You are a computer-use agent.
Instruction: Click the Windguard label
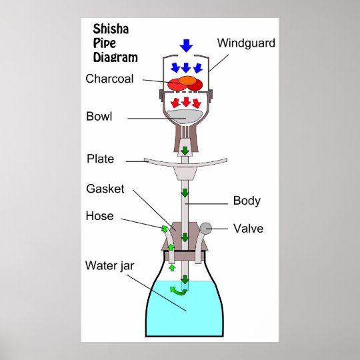[x=246, y=43]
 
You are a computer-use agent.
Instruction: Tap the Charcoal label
[x=109, y=79]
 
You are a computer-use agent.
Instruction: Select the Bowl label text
[x=99, y=117]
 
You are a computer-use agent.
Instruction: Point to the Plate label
[x=100, y=159]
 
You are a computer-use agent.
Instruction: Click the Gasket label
[x=105, y=189]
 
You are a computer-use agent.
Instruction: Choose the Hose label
[x=99, y=216]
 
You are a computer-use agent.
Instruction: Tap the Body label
[x=247, y=201]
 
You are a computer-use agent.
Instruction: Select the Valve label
[x=249, y=229]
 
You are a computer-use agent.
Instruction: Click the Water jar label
[x=109, y=266]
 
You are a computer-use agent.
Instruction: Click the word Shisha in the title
[x=111, y=29]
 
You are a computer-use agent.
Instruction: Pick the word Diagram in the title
[x=115, y=57]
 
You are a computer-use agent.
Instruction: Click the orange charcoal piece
[x=188, y=81]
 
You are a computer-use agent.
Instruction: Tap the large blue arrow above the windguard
[x=186, y=45]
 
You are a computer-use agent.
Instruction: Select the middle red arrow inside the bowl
[x=186, y=102]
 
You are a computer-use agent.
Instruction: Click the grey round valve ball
[x=206, y=229]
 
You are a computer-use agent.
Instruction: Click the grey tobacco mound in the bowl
[x=184, y=117]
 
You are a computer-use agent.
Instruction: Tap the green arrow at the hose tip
[x=165, y=229]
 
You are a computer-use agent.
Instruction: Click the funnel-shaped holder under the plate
[x=185, y=173]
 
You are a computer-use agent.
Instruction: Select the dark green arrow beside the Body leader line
[x=185, y=193]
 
